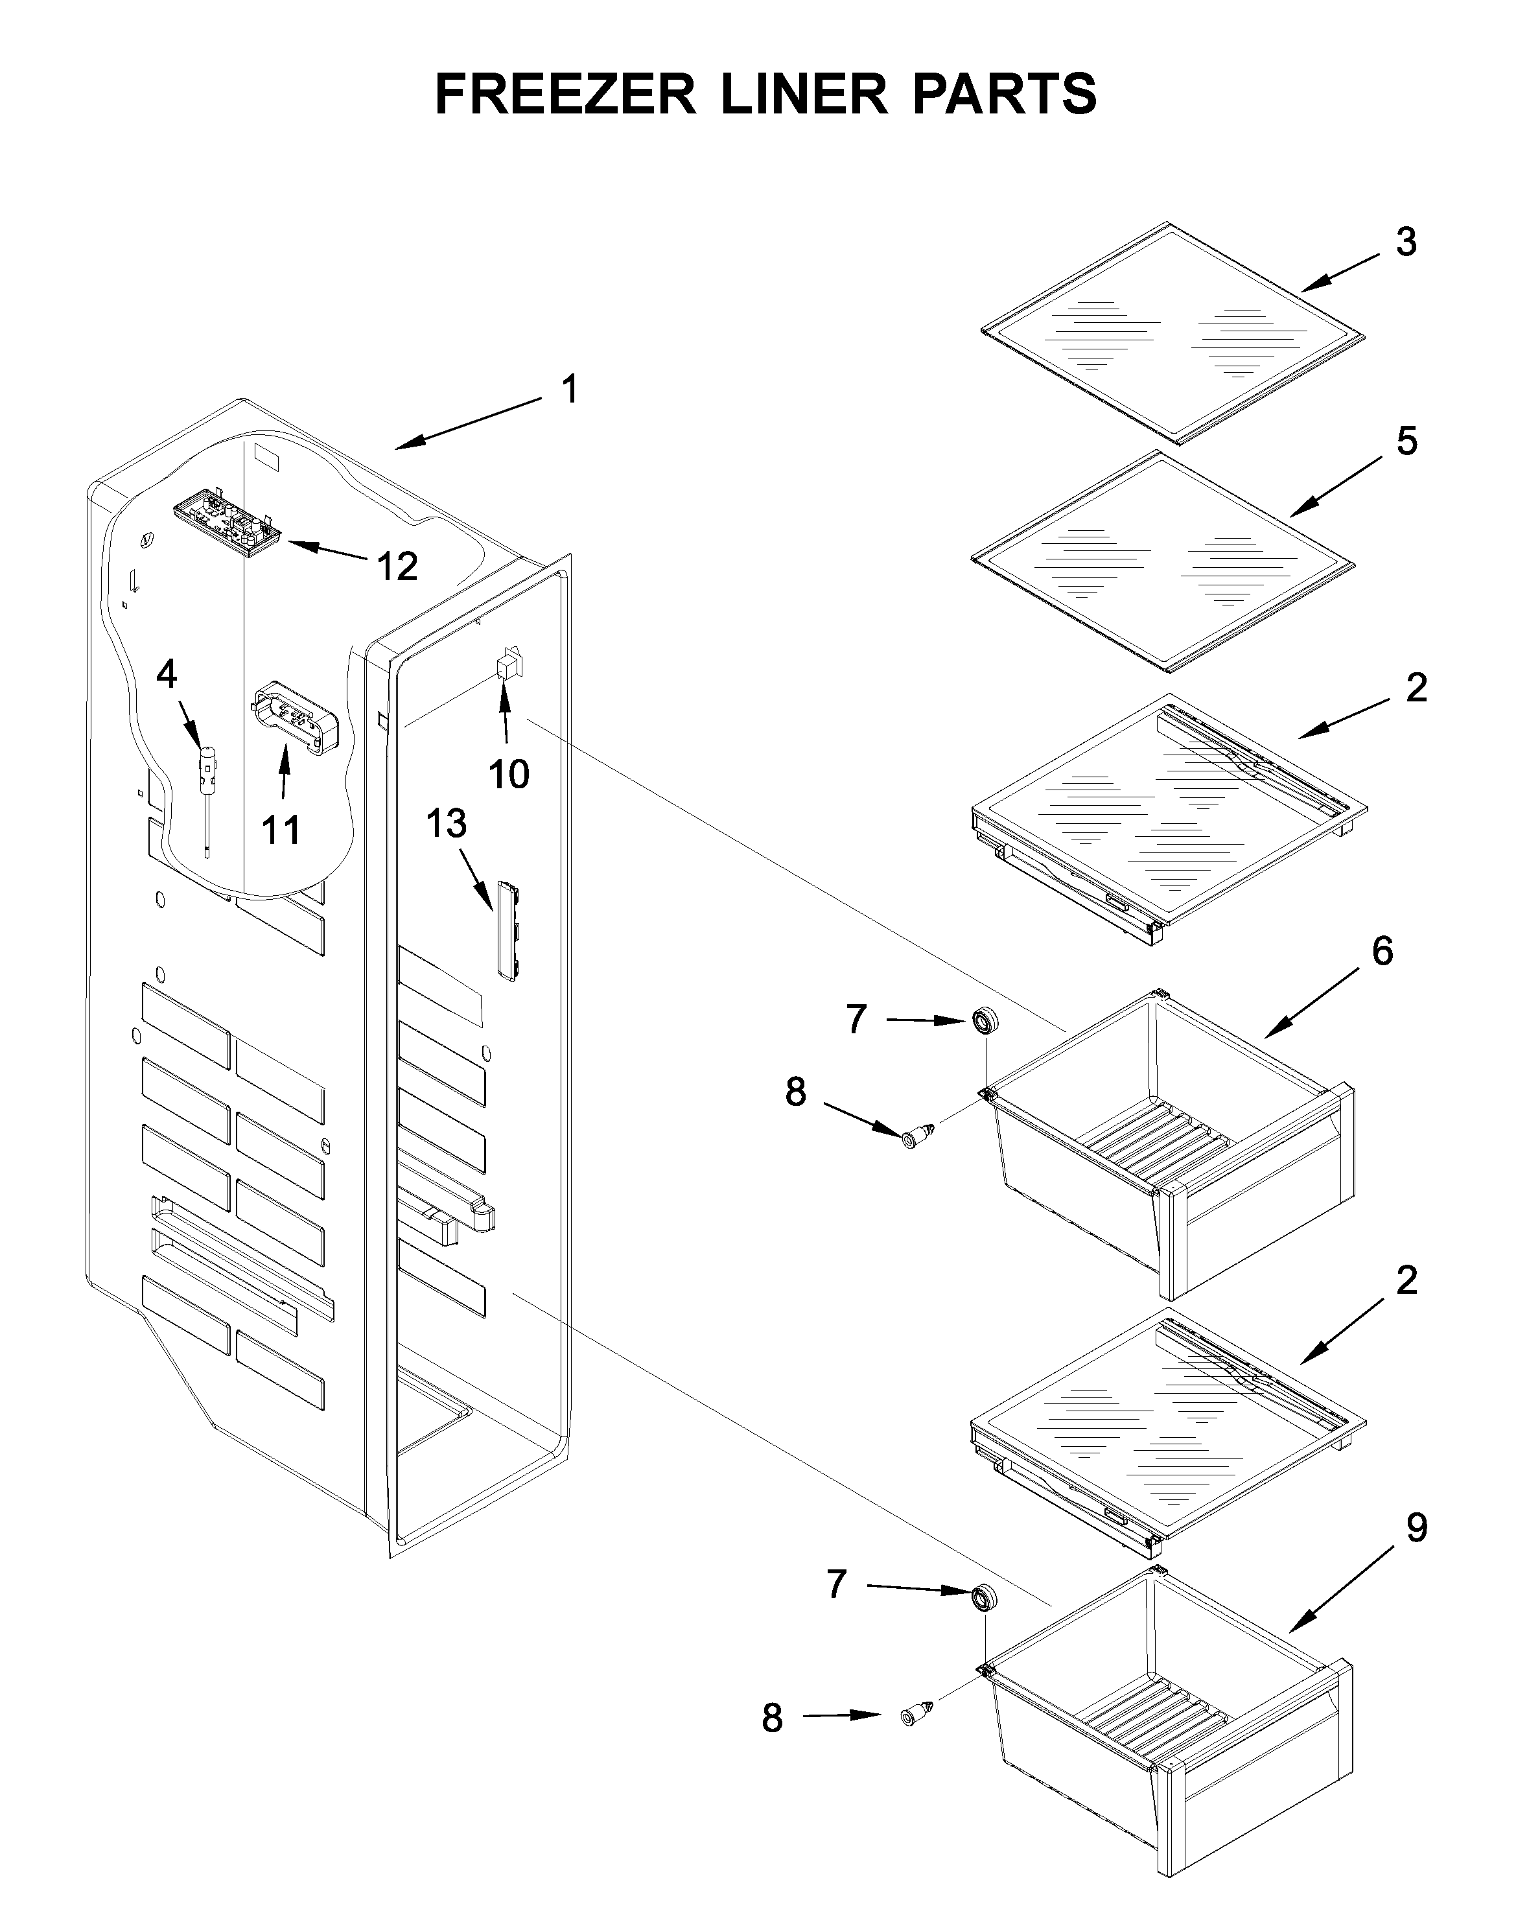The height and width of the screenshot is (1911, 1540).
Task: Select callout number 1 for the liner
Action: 570,390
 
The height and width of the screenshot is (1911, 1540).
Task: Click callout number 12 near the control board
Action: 397,566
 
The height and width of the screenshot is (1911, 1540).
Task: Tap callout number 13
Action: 446,823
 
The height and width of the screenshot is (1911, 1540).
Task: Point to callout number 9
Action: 1417,1528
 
